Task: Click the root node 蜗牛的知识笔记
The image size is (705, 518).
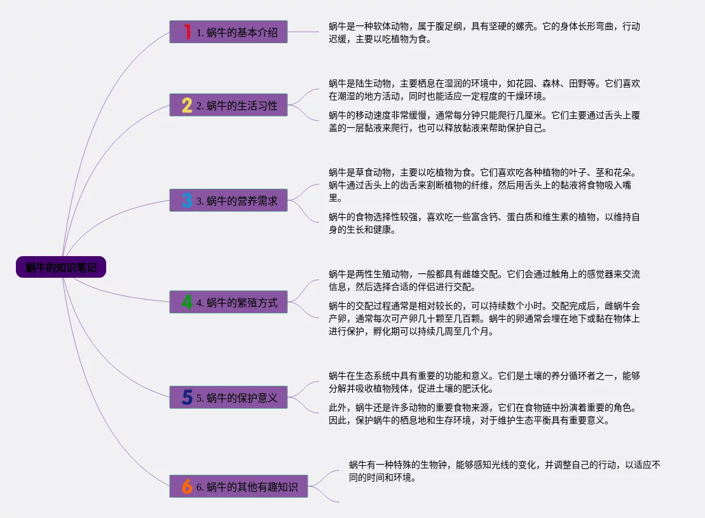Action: point(61,268)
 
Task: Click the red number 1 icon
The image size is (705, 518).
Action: point(187,32)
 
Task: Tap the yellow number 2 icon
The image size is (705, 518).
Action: point(187,106)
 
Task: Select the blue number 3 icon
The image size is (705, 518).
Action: point(187,201)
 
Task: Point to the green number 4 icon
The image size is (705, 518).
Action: point(187,303)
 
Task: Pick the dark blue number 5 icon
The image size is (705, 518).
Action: point(187,398)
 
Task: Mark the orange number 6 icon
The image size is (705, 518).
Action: point(187,487)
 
